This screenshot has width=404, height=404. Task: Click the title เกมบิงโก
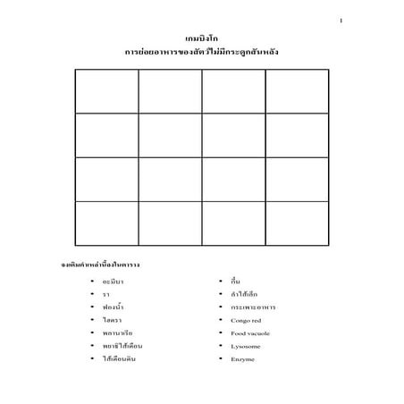click(x=202, y=41)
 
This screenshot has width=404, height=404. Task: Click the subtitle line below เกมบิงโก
click(x=202, y=54)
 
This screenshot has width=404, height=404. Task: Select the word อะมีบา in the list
click(x=114, y=282)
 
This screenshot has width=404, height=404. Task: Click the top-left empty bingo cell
click(x=107, y=91)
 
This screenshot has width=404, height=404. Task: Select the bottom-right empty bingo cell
click(x=297, y=223)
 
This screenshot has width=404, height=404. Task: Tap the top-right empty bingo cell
click(x=297, y=91)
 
